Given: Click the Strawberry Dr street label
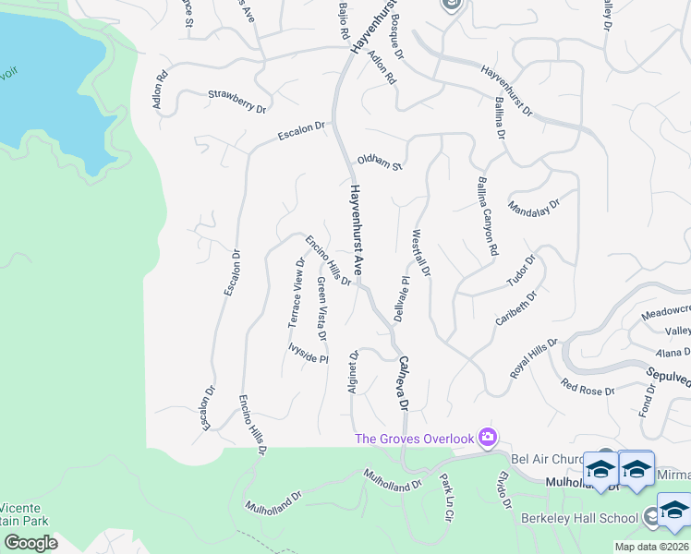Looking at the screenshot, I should pyautogui.click(x=236, y=101).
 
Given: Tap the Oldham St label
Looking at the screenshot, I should pyautogui.click(x=382, y=163).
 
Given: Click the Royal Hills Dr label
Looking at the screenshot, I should pyautogui.click(x=535, y=357).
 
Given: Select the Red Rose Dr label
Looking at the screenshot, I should pyautogui.click(x=588, y=386).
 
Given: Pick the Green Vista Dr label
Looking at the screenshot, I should pyautogui.click(x=321, y=301).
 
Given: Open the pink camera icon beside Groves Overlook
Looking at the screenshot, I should pyautogui.click(x=488, y=437).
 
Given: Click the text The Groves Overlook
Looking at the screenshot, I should pyautogui.click(x=415, y=438).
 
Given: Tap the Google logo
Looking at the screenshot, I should pyautogui.click(x=30, y=543).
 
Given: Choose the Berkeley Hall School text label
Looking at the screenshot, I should pyautogui.click(x=579, y=518).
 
